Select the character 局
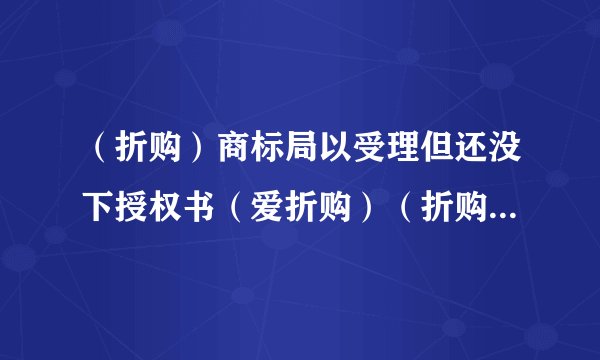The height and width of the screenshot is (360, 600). (298, 155)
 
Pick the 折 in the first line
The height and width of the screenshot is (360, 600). (118, 155)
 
